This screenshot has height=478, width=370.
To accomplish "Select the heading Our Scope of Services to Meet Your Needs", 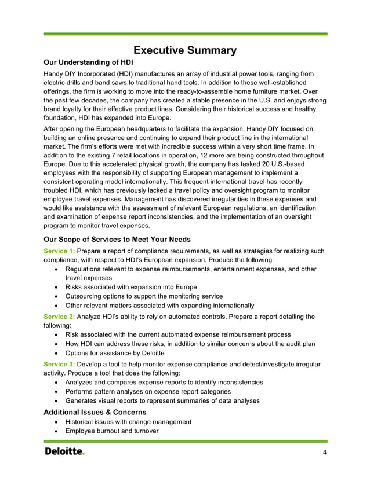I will [x=117, y=239].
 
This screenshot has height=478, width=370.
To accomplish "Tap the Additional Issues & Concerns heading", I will [x=95, y=411].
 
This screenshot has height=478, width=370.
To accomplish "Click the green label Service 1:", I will [x=59, y=251].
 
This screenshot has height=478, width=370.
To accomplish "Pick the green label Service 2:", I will [x=59, y=317].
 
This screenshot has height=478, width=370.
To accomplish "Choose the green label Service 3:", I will [x=59, y=364].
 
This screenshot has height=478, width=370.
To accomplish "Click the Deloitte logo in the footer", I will [x=64, y=451].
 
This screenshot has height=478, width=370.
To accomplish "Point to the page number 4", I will [x=325, y=452].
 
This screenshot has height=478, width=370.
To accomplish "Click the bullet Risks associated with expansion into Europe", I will [x=130, y=287].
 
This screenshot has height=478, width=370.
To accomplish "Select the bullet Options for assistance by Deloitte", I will [x=115, y=353].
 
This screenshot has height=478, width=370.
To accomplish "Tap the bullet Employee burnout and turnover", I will [x=111, y=431].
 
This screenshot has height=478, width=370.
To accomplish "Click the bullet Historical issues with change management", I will [x=128, y=422].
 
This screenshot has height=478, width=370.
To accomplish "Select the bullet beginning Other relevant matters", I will [x=159, y=306].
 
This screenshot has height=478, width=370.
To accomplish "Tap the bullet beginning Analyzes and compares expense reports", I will [x=164, y=382].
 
